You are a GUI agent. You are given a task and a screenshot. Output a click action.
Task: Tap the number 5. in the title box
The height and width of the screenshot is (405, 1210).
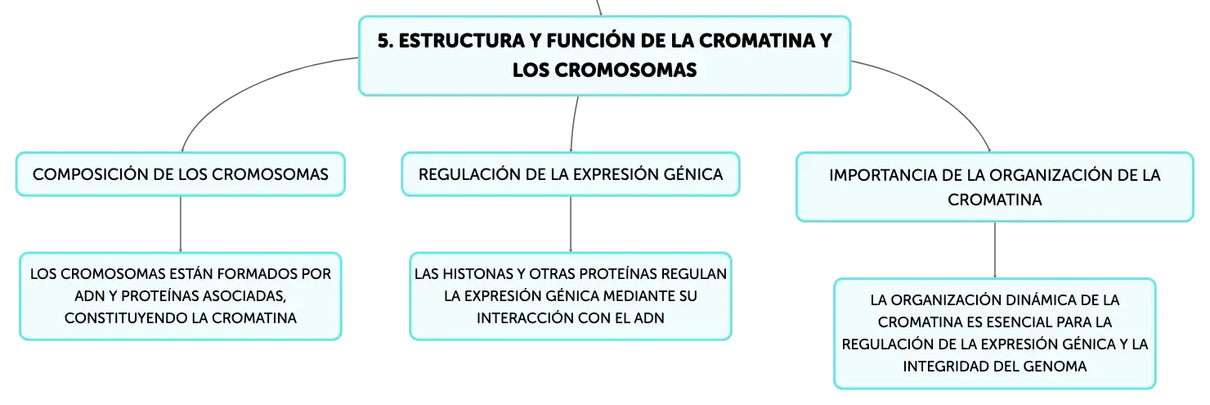pyautogui.click(x=385, y=41)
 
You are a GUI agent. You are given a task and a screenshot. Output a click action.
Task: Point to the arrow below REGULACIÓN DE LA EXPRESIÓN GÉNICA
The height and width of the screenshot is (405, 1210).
pyautogui.click(x=571, y=224)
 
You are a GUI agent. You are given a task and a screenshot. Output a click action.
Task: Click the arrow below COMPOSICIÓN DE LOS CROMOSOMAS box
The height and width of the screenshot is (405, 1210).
pyautogui.click(x=181, y=224)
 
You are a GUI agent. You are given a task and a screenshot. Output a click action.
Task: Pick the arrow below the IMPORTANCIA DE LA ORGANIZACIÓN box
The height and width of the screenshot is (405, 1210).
pyautogui.click(x=994, y=250)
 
